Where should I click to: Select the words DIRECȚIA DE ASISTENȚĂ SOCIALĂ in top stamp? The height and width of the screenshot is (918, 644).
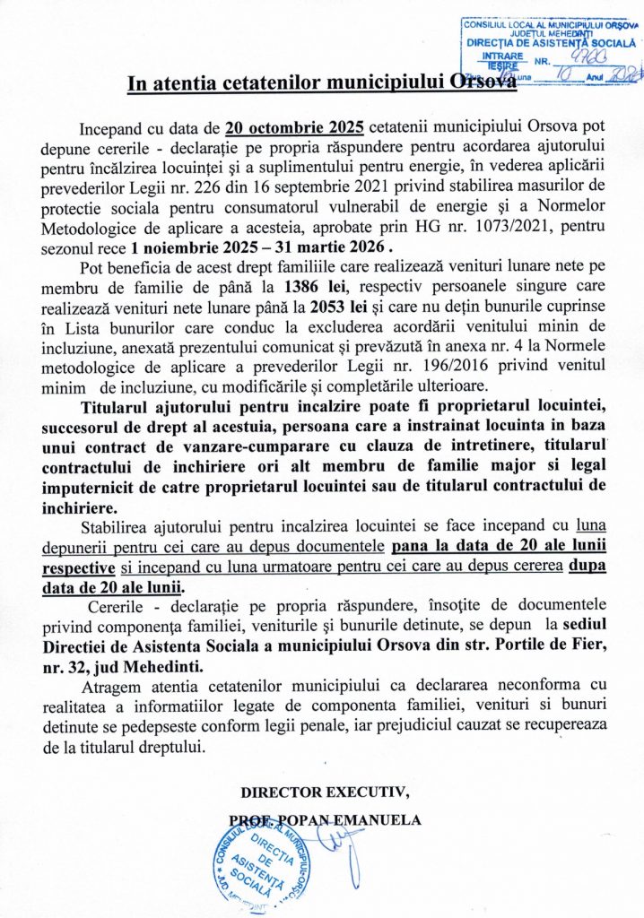click(x=550, y=42)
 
